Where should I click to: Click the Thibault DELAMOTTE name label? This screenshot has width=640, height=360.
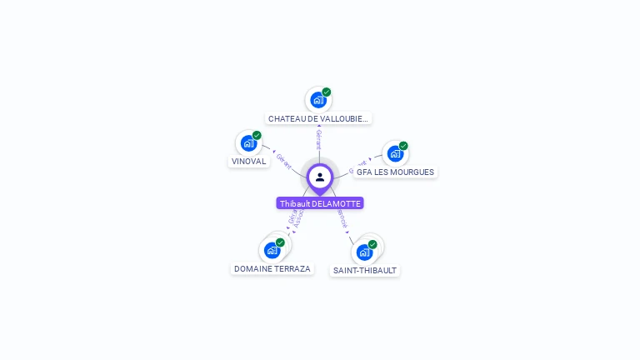point(320,203)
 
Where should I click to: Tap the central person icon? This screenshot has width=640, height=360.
point(320,177)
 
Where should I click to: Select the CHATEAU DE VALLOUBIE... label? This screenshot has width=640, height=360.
point(317,119)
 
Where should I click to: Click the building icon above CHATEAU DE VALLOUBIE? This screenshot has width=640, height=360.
point(317,100)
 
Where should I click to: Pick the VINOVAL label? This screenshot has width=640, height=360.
point(249,162)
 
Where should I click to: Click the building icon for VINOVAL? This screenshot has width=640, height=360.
point(248,142)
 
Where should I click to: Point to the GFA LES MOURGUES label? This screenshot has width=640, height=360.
point(395,172)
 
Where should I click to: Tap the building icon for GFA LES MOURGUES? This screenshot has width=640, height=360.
point(395,153)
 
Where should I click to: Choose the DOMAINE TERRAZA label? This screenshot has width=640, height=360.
point(272,269)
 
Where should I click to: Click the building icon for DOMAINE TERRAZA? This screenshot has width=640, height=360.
point(272,250)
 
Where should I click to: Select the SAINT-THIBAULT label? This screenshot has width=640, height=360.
point(365,271)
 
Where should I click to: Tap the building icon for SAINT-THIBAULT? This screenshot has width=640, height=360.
point(364,252)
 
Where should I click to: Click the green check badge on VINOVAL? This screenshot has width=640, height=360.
point(257,135)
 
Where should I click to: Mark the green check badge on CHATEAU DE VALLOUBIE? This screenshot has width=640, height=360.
point(327,92)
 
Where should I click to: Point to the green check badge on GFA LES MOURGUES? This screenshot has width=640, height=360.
point(403,146)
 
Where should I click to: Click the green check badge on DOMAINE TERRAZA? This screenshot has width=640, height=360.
point(280,242)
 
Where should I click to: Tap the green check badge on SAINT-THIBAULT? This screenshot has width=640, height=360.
point(372,244)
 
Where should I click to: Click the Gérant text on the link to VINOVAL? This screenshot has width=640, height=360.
point(283,160)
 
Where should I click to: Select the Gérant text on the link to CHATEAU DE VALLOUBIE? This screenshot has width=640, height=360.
point(318,138)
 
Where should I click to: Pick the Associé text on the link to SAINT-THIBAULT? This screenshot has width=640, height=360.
point(342,219)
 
